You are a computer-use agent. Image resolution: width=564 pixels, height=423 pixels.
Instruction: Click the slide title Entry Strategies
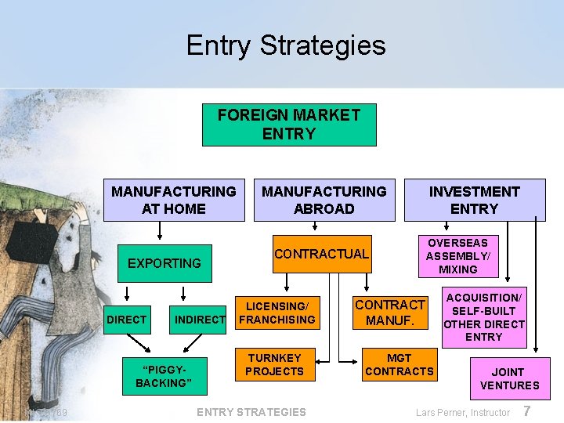(x=286, y=45)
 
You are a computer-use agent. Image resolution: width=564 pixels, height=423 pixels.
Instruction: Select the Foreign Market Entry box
(x=289, y=125)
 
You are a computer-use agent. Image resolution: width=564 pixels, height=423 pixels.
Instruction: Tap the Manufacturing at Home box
(x=174, y=200)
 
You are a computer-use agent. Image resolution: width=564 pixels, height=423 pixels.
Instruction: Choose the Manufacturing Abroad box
(x=324, y=200)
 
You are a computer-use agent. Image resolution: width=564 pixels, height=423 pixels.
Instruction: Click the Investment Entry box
(x=474, y=200)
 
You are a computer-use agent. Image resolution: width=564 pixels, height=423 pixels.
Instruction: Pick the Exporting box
(x=164, y=263)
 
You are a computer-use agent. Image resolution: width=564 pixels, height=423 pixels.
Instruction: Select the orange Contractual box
(x=321, y=254)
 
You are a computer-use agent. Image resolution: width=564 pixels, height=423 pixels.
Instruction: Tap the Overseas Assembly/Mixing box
(x=458, y=256)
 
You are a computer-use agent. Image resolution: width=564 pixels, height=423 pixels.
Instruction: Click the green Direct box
(x=127, y=319)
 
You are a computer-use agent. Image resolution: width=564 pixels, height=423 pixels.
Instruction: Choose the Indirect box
(x=200, y=319)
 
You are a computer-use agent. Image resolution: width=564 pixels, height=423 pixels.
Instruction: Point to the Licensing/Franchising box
(x=277, y=313)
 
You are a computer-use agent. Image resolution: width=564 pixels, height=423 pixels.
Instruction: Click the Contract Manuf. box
(x=390, y=313)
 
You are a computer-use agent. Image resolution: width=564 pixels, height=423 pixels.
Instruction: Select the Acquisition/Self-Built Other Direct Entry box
(x=484, y=317)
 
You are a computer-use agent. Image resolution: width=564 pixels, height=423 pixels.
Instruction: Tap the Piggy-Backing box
(x=163, y=376)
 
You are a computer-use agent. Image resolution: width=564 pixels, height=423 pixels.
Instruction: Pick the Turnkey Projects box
(x=275, y=364)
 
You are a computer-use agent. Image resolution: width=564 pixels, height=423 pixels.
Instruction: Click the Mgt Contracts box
(x=399, y=364)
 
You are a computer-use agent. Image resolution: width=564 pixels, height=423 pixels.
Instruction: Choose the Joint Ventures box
(x=510, y=378)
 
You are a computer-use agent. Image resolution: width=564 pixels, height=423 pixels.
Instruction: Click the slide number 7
(x=527, y=411)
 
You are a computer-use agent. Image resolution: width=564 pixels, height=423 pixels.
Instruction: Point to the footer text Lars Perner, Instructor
(x=462, y=413)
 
